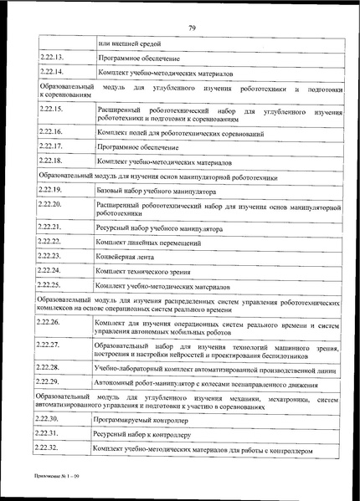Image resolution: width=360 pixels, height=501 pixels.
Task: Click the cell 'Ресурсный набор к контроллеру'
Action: pyautogui.click(x=142, y=434)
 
